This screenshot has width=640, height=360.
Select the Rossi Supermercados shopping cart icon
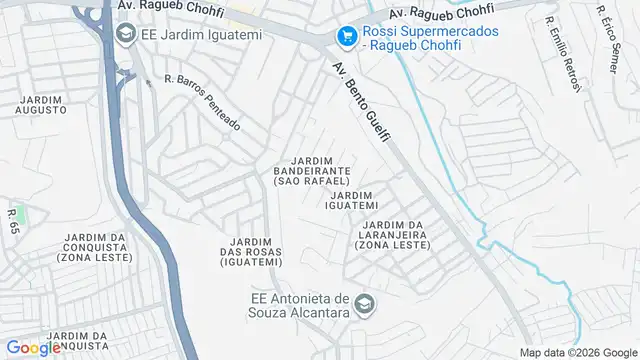[347, 36]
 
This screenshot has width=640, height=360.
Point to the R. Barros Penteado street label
[203, 102]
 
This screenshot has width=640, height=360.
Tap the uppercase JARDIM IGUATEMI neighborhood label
[350, 200]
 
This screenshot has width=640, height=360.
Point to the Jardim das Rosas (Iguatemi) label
[252, 252]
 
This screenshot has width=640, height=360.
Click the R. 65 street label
[13, 223]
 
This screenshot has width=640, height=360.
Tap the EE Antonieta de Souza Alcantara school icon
[365, 303]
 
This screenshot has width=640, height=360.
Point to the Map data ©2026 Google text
[577, 352]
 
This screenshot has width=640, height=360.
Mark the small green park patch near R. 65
[20, 213]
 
